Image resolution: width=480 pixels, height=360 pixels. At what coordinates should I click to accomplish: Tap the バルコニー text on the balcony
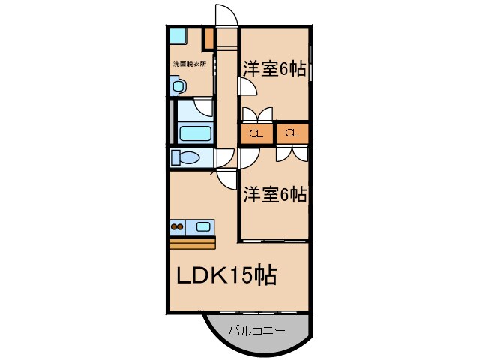256,329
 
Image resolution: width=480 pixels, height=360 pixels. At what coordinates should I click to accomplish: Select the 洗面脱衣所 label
190,64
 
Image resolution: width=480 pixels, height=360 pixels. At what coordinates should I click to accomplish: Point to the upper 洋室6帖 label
274,68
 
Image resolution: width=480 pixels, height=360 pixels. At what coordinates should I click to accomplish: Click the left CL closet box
256,134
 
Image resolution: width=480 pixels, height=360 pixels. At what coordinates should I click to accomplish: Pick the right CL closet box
292,134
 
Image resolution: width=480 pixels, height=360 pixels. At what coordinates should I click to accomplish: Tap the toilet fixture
184,158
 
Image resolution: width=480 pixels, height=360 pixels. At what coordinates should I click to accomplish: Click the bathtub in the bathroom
196,134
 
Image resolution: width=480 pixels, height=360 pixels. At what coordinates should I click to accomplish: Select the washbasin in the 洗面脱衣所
177,86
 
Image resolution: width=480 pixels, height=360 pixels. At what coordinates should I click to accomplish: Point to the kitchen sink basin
202,226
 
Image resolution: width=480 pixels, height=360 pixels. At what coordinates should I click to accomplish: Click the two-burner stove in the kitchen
178,226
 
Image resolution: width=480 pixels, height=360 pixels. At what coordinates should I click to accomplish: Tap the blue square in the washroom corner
177,34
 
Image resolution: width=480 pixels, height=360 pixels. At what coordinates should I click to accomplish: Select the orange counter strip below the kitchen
192,243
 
